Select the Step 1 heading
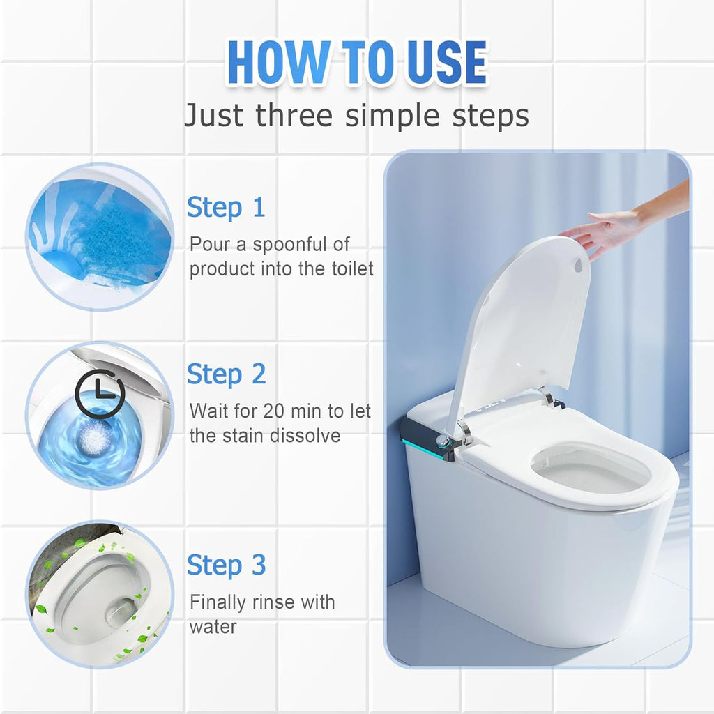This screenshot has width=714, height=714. (226, 208)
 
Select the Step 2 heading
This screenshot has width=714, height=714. (226, 374)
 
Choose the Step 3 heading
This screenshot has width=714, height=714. (226, 565)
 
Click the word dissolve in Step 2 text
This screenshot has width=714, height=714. (306, 436)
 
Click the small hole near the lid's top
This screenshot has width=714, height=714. (577, 266)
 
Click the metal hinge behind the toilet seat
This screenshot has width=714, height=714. (547, 399)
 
